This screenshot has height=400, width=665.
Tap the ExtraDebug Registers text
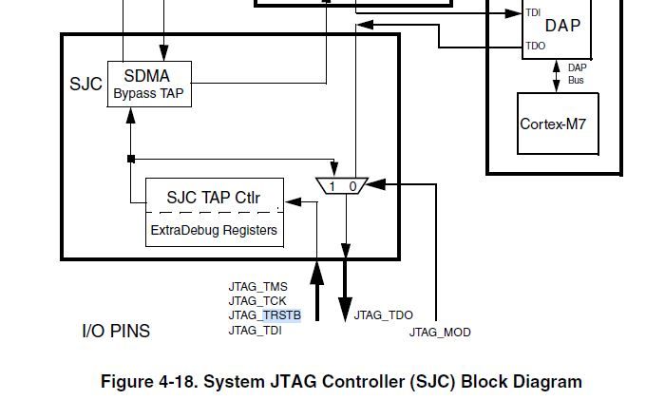point(214,230)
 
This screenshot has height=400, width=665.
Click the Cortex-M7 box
point(559,124)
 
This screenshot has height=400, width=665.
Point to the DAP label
point(562,27)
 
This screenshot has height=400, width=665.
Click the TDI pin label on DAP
point(534,12)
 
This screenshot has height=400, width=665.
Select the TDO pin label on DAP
point(535,46)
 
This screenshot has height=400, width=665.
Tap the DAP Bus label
point(578,73)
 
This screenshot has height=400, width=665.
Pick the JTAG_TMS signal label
point(257,286)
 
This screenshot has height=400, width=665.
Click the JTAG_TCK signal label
point(257,300)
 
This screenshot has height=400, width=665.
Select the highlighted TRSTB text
point(281,315)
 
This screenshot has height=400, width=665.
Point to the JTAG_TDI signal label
point(255,330)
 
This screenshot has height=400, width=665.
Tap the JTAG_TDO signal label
point(383,315)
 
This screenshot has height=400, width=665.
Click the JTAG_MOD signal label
point(440,333)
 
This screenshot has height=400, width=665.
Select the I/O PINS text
point(116,332)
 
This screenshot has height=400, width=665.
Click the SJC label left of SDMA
point(85,84)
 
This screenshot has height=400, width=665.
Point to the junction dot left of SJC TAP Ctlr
point(131,158)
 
